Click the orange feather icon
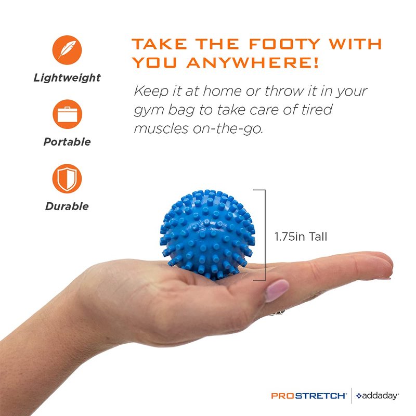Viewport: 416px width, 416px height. click(x=67, y=50)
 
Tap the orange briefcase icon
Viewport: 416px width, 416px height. click(x=68, y=114)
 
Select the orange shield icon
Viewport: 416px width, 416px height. click(x=67, y=178)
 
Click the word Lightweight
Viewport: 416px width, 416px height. click(x=67, y=77)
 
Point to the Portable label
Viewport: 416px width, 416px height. click(x=67, y=141)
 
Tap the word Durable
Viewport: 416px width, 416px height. click(x=67, y=206)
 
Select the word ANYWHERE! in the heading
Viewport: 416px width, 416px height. click(x=252, y=62)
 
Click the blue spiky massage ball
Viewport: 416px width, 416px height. click(x=207, y=235)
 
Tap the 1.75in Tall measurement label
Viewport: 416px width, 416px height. click(x=301, y=237)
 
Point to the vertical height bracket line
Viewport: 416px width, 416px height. click(x=265, y=235)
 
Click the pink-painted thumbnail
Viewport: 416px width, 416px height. click(x=277, y=291)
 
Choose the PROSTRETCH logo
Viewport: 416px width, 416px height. click(x=309, y=396)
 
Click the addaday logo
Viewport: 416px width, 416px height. click(x=378, y=396)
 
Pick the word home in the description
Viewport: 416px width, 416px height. click(x=223, y=91)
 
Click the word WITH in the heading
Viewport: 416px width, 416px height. click(x=355, y=44)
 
